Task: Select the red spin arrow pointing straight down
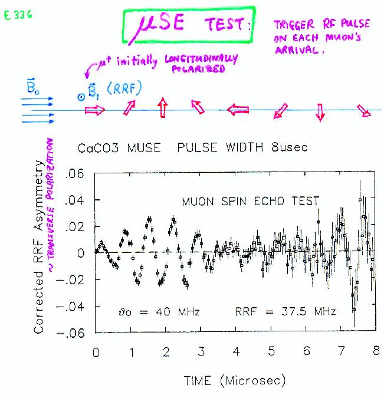click(x=320, y=112)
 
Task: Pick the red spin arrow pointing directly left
click(x=239, y=109)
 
